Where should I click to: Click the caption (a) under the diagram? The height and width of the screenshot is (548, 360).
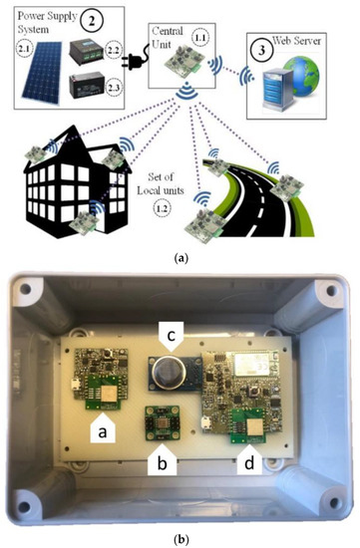180,257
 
